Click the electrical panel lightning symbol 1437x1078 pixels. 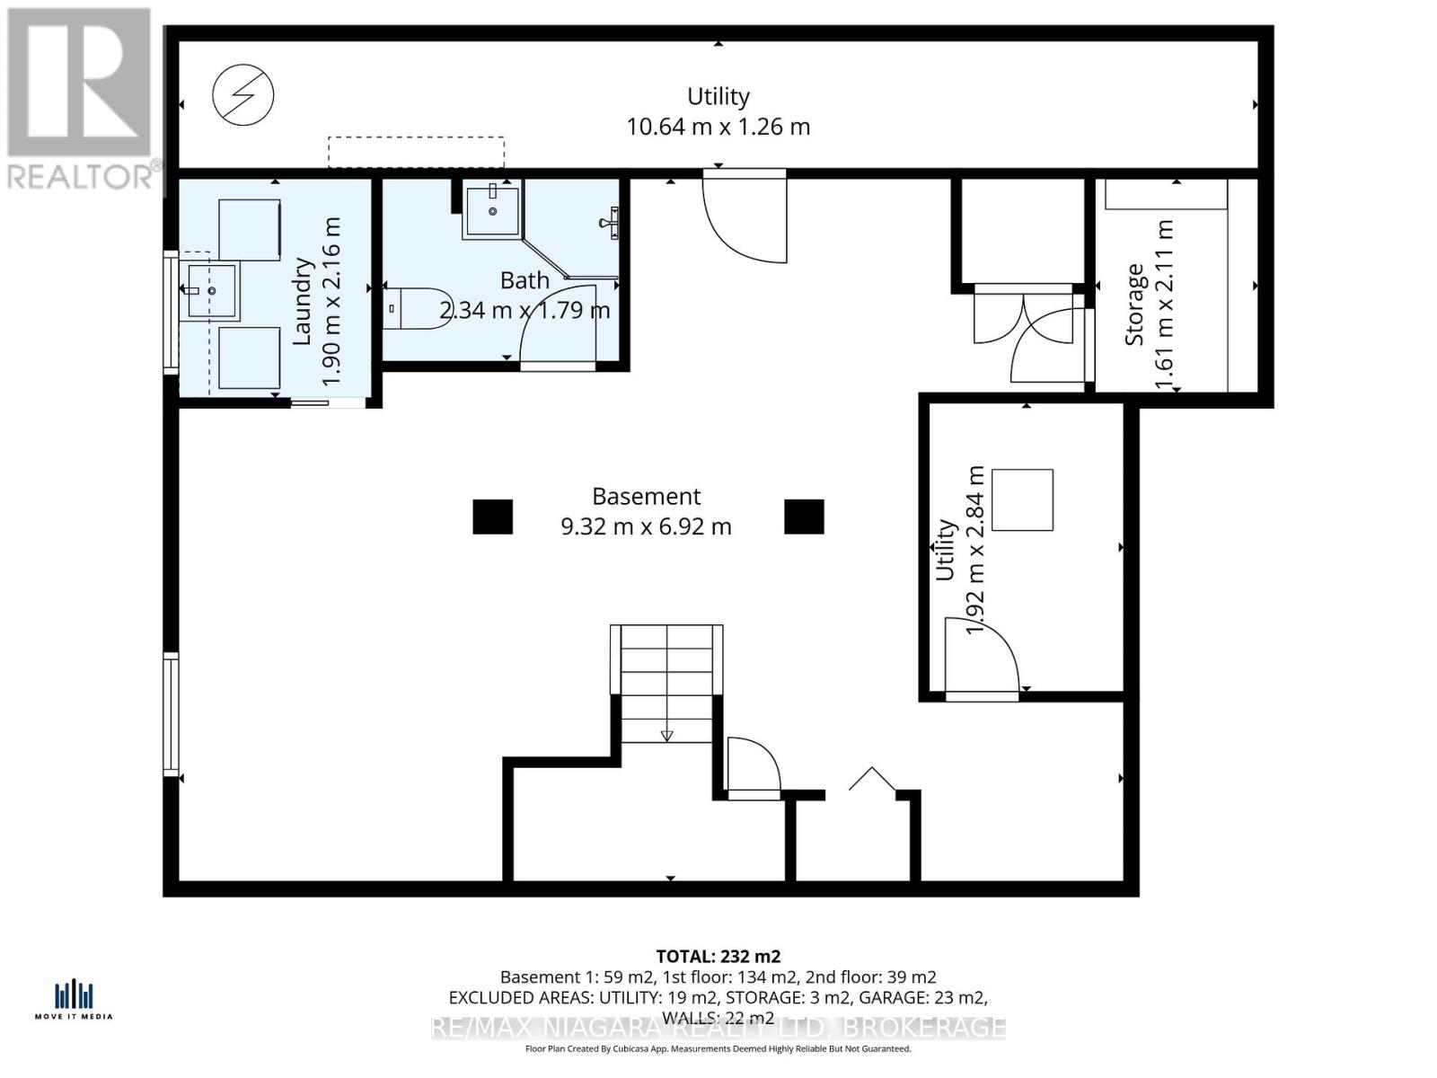coord(243,94)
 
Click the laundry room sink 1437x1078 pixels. coord(210,291)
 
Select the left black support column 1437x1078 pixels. coord(492,517)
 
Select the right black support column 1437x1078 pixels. coord(804,517)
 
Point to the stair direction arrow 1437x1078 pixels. coord(666,736)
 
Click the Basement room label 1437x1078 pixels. coord(646,497)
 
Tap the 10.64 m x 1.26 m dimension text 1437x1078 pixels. coord(718,127)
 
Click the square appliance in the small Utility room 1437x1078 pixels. coord(1022,499)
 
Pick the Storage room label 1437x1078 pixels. coord(1134,305)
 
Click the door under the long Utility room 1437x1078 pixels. coord(745,218)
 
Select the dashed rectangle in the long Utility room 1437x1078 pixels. coord(415,152)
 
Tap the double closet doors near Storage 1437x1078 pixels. coord(1024,322)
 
